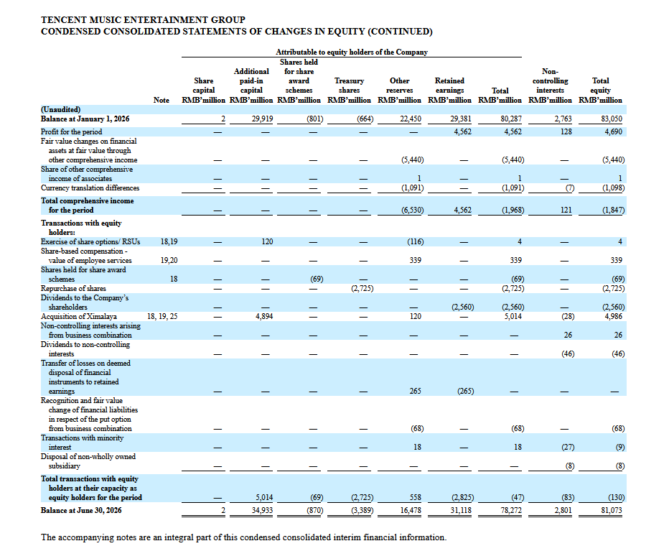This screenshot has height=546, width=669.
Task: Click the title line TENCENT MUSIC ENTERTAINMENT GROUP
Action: point(143,20)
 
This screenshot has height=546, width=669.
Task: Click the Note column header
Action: point(162,100)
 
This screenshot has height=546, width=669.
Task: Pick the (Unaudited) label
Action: point(60,110)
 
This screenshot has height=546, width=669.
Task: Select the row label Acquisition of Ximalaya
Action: point(79,316)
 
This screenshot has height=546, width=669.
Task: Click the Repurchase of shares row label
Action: point(73,289)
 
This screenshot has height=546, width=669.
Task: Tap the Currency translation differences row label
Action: point(90,188)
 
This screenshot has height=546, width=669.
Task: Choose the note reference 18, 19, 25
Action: point(162,316)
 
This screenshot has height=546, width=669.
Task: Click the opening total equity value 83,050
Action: point(612,119)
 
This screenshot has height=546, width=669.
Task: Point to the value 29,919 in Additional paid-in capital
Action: point(262,119)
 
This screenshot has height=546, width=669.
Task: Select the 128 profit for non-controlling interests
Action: point(566,132)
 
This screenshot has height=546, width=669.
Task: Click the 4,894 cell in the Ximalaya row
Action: point(264,316)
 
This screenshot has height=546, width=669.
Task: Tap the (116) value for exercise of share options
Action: point(415,241)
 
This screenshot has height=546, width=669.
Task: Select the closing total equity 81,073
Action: point(612,510)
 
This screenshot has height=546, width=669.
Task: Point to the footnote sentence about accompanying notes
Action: point(243,537)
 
